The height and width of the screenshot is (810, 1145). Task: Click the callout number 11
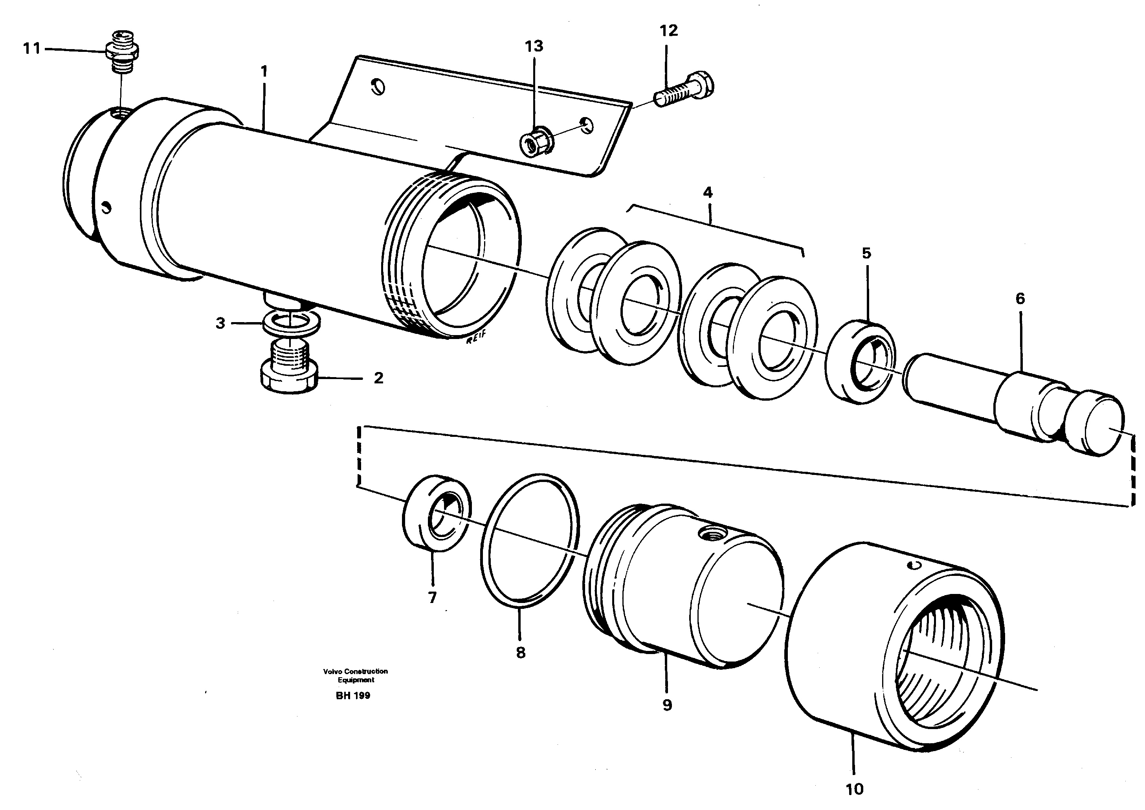click(31, 49)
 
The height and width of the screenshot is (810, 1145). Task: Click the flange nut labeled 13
click(534, 145)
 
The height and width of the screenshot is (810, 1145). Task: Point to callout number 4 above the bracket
click(707, 192)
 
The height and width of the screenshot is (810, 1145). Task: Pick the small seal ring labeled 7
click(436, 514)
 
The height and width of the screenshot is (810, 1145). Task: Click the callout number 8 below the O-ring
click(520, 652)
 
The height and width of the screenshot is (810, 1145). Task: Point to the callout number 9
click(667, 705)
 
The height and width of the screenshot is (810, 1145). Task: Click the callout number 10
click(855, 789)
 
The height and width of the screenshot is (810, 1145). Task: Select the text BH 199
click(353, 696)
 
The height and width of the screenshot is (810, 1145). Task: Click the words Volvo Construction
click(355, 671)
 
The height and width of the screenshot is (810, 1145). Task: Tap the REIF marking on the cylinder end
click(476, 341)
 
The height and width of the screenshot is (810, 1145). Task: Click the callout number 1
click(264, 71)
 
